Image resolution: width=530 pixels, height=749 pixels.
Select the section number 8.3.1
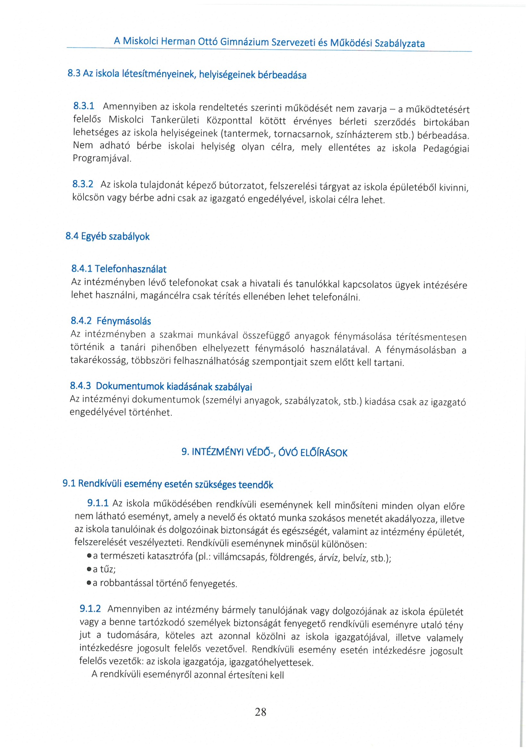[x=84, y=106]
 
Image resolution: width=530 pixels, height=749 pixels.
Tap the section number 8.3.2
[x=83, y=184]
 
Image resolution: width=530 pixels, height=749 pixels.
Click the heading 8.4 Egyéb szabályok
[x=107, y=236]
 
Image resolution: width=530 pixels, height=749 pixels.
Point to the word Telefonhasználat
[x=131, y=269]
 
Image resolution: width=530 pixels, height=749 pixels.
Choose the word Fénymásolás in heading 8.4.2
[x=124, y=321]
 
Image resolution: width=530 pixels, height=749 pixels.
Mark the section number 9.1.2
[x=90, y=608]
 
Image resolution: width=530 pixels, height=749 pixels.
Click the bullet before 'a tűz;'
[x=89, y=569]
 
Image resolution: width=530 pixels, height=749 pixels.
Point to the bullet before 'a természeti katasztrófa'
[x=89, y=556]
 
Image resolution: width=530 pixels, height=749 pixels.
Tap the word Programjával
[x=102, y=158]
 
